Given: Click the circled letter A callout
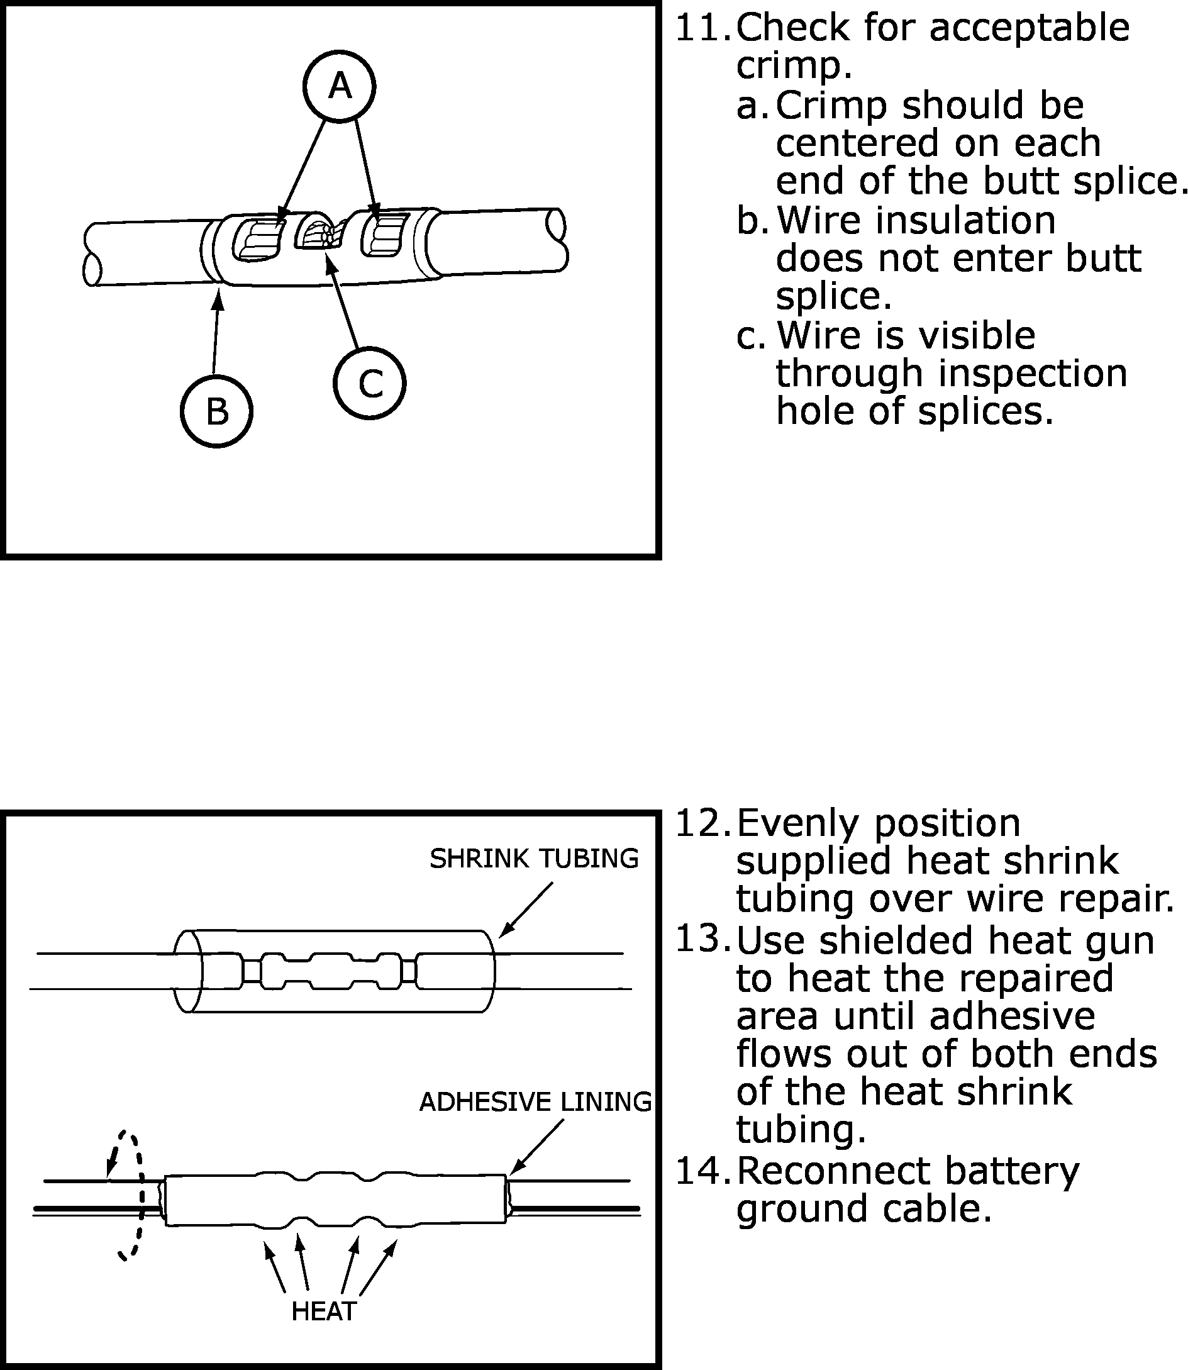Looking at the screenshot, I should click(339, 86).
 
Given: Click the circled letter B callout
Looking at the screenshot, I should click(216, 411).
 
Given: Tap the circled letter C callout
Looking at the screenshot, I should click(369, 383).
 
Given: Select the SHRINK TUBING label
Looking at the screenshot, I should click(534, 858).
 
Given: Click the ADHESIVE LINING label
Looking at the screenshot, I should click(535, 1101).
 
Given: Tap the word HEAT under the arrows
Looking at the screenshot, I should click(323, 1311).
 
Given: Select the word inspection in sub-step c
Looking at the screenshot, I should click(1031, 374).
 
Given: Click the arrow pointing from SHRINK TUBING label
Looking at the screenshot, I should click(525, 909).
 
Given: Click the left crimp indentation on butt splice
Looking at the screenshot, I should click(258, 240).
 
